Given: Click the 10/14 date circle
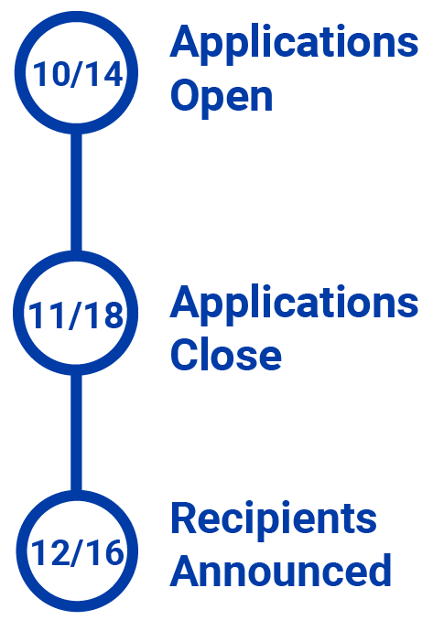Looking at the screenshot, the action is coord(76,20).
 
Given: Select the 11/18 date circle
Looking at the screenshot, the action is coord(76,257).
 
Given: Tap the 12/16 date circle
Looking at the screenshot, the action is coord(77,497).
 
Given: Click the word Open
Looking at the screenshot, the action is coord(222,96).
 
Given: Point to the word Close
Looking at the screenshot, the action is coord(226,354).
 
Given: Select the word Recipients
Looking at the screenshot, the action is coord(274,520).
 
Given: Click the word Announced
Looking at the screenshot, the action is coord(281,570).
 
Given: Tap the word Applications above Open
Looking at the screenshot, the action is coord(294,44).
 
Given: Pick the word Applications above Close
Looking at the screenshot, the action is coord(294,305).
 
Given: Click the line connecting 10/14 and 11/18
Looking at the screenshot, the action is coord(76,193).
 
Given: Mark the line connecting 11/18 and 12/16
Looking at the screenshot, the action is coord(76,433).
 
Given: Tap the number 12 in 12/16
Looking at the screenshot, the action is coord(49,553).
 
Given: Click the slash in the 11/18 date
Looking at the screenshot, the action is coord(76,315).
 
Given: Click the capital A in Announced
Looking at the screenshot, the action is coord(186,570).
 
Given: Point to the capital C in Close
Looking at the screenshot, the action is coord(185,354).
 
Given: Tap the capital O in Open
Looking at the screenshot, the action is coord(186,95).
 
